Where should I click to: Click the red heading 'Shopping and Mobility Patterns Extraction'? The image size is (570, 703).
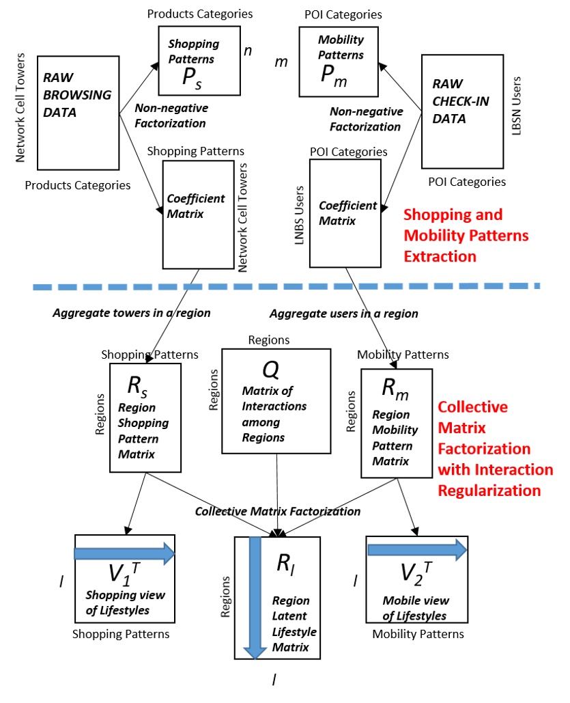(466, 236)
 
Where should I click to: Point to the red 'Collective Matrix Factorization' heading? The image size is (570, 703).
(494, 448)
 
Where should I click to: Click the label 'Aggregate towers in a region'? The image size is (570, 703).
(132, 313)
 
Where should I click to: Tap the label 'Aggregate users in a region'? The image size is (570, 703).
(343, 314)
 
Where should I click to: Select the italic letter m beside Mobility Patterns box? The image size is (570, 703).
(281, 62)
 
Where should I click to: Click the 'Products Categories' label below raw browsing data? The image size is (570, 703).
(77, 184)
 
